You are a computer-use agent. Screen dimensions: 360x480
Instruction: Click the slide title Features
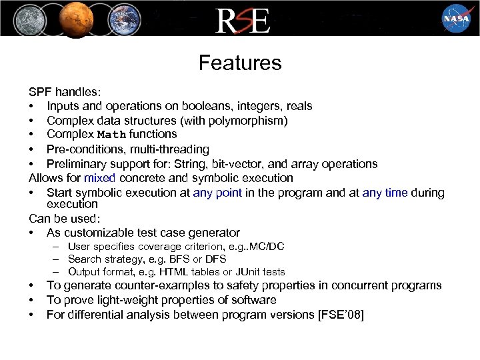(240, 63)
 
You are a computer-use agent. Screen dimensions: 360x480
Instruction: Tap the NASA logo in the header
(456, 18)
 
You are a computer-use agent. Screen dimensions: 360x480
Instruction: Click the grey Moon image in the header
(23, 18)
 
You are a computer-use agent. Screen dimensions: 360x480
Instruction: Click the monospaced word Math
(111, 135)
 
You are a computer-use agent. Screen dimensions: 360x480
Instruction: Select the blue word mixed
(100, 178)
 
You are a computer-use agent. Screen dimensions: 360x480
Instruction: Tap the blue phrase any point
(219, 193)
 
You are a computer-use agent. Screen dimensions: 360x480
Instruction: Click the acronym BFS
(183, 259)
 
